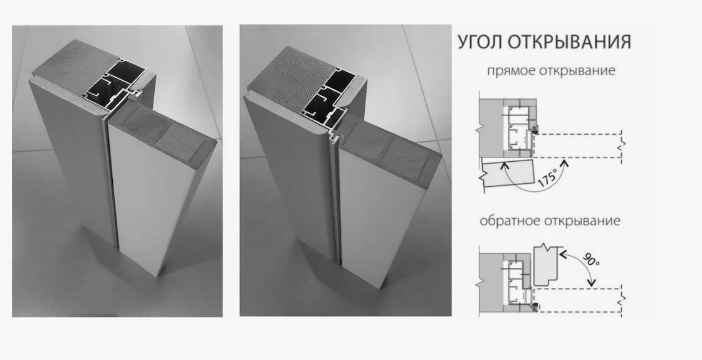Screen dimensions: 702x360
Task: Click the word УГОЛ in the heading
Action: (480, 41)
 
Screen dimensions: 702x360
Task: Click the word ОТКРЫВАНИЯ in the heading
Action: (570, 41)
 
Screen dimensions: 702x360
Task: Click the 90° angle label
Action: (591, 259)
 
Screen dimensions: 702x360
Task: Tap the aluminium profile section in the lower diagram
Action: (518, 283)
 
